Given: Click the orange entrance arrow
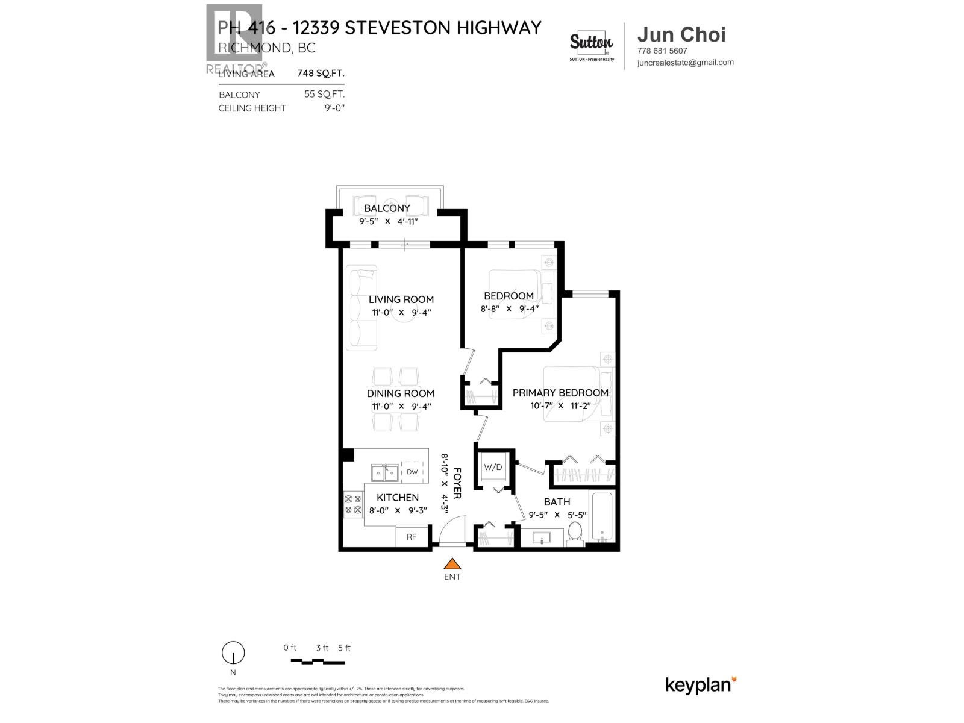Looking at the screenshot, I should click(x=452, y=564).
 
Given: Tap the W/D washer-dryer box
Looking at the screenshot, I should click(x=493, y=468).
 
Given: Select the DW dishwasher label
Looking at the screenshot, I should click(x=412, y=472).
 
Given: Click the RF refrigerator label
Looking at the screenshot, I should click(x=412, y=537).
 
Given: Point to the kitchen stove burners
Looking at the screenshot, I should click(x=352, y=504).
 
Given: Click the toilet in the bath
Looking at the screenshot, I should click(x=574, y=534).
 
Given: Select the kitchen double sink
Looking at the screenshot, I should click(x=384, y=473).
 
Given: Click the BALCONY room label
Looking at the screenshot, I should click(x=387, y=208).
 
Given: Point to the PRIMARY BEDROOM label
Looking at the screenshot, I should click(x=560, y=393).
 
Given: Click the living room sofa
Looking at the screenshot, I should click(x=363, y=307).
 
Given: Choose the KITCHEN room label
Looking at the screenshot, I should click(x=398, y=498).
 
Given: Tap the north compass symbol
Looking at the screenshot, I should click(x=233, y=653).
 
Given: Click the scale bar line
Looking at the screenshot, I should click(x=318, y=662).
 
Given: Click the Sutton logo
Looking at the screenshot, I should click(x=591, y=43).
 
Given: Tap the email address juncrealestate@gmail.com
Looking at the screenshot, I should click(x=685, y=62).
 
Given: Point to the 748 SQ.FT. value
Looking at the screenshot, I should click(x=321, y=74).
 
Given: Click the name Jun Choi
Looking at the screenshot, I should click(x=681, y=35).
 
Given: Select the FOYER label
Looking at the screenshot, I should click(x=457, y=483).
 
